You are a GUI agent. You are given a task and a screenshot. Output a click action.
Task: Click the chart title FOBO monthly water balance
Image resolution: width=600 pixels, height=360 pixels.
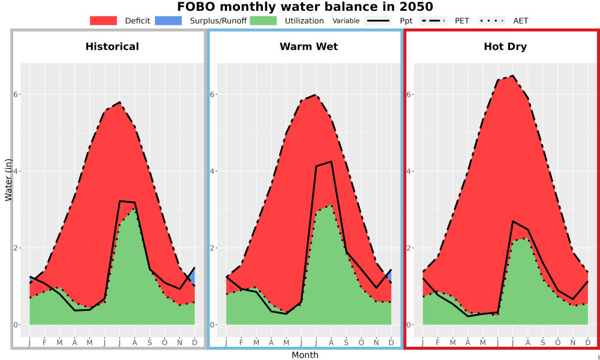click(x=305, y=7)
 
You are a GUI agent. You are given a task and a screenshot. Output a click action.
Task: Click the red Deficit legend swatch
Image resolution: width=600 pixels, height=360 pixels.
click(x=103, y=20)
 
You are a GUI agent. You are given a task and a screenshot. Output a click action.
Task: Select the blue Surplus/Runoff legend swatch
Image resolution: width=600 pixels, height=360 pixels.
click(x=169, y=20)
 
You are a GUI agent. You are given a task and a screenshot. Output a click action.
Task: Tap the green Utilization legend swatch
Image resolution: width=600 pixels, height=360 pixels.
click(x=263, y=20)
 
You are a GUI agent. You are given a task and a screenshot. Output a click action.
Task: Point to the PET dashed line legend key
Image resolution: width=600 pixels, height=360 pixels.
click(x=433, y=20)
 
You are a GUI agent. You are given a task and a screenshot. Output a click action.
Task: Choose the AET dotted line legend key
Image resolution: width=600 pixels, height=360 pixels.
click(x=491, y=20)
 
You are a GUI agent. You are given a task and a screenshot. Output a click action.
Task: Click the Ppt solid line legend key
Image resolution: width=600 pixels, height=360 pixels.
click(x=378, y=20)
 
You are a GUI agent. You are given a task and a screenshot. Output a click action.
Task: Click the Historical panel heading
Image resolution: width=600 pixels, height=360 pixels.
click(x=112, y=47)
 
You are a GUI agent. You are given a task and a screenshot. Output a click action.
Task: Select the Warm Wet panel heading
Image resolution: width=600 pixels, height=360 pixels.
click(x=309, y=47)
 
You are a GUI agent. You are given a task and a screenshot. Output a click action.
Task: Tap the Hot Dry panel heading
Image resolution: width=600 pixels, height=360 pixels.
click(x=505, y=47)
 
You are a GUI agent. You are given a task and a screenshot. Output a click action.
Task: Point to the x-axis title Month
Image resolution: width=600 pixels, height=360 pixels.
click(x=305, y=355)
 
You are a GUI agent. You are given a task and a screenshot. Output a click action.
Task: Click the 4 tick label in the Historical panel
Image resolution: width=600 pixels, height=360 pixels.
click(x=16, y=171)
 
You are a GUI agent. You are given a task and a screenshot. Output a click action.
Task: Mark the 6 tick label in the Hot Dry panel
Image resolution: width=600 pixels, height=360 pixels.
click(x=409, y=94)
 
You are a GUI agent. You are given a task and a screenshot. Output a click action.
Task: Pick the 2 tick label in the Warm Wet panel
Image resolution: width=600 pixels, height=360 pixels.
click(x=212, y=248)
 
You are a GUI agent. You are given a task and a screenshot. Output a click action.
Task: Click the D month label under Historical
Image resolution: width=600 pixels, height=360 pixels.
click(x=194, y=343)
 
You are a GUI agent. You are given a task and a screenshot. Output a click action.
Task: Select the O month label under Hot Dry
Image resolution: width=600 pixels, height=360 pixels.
click(x=557, y=343)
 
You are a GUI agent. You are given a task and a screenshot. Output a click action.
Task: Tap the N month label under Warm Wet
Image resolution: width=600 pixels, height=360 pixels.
click(x=376, y=343)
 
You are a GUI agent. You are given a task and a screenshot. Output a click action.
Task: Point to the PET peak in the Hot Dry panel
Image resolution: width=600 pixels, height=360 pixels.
click(x=512, y=76)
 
